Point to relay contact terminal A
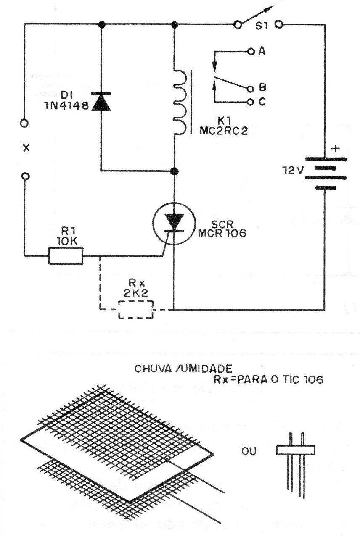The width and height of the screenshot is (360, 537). pyautogui.click(x=251, y=52)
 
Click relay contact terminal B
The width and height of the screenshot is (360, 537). pyautogui.click(x=251, y=89)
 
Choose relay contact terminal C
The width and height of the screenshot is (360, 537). pyautogui.click(x=251, y=102)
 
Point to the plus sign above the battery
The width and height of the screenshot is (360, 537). pyautogui.click(x=336, y=148)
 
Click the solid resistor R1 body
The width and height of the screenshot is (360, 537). pyautogui.click(x=66, y=255)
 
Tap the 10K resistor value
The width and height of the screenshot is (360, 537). pyautogui.click(x=66, y=241)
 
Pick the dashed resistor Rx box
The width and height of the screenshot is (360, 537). pyautogui.click(x=135, y=310)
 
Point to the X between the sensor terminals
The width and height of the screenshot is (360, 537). pyautogui.click(x=26, y=148)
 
